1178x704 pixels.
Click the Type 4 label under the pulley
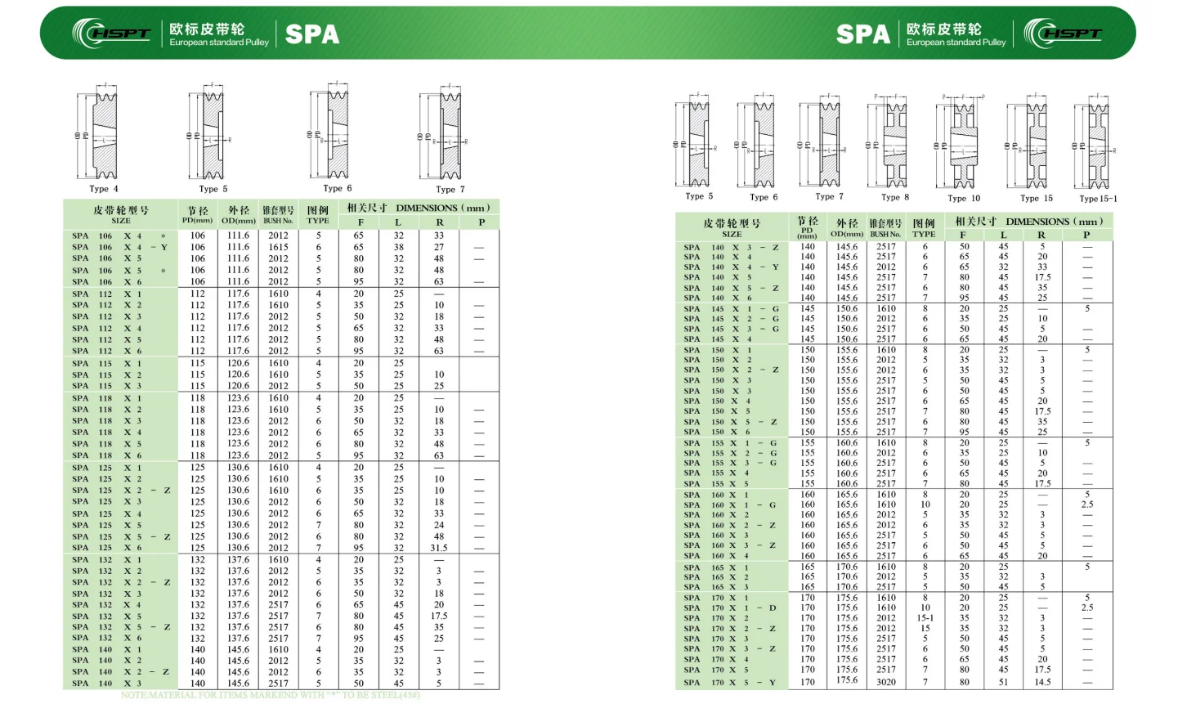pos(104,189)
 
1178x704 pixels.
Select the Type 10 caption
pos(964,198)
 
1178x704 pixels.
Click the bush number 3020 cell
pos(886,681)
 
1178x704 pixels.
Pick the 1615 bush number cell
pos(279,247)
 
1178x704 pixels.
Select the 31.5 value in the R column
pos(439,548)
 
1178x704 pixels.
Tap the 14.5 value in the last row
pos(1042,681)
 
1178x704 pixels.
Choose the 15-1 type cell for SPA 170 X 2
pos(925,618)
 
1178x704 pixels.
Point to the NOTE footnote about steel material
pos(271,695)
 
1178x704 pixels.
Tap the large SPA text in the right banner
pos(862,34)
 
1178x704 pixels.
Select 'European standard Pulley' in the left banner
pos(219,43)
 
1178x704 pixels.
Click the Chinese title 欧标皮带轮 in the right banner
pos(943,29)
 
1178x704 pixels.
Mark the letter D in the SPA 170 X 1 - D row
pos(772,608)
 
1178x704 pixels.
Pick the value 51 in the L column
pos(1003,681)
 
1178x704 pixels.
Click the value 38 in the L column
pos(398,247)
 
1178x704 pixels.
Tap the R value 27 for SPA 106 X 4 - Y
pos(439,247)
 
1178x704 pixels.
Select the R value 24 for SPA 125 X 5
pos(439,525)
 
